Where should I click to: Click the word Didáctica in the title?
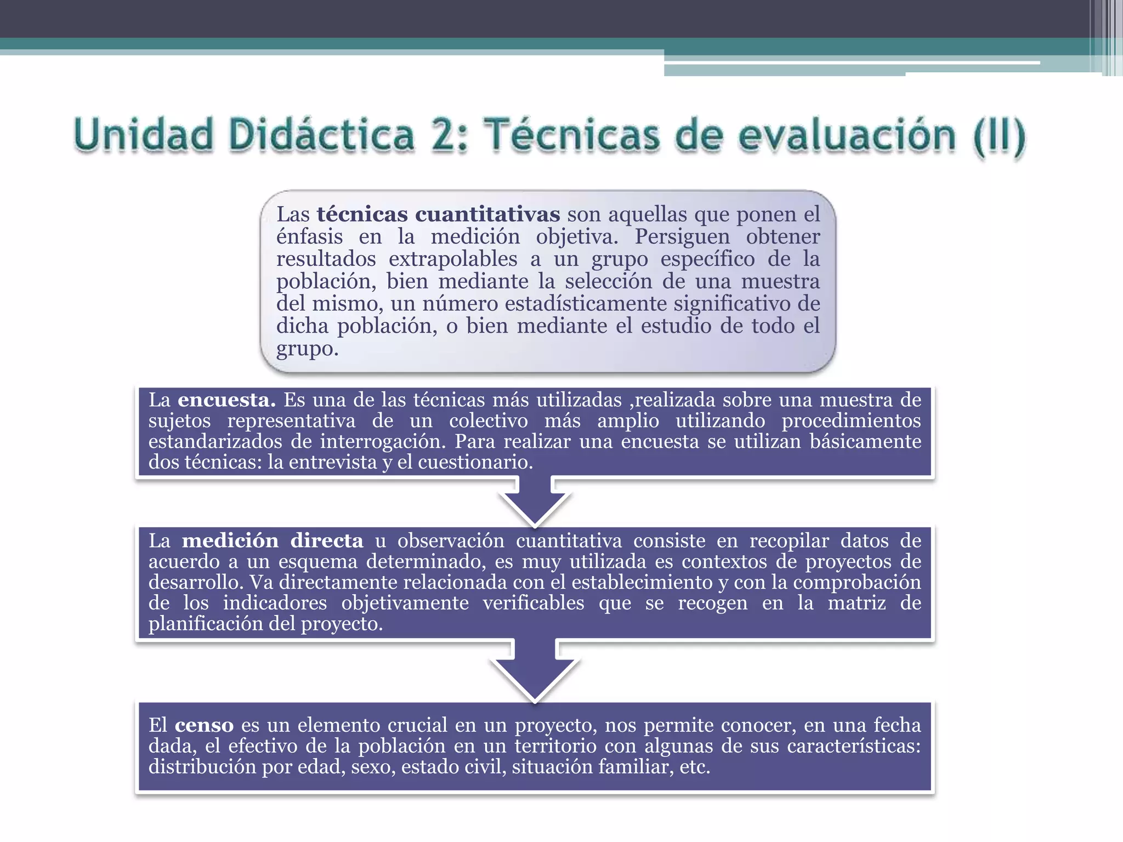[321, 135]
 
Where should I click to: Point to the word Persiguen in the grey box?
[682, 237]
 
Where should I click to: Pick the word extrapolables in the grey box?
[453, 259]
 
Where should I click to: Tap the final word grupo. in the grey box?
[307, 349]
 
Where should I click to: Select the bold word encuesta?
[226, 400]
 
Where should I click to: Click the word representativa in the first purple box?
[291, 420]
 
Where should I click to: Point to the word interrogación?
[381, 441]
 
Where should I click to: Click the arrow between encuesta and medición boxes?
[535, 502]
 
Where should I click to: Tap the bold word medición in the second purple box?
[230, 541]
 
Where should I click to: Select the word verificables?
[533, 603]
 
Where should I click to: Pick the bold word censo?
[204, 725]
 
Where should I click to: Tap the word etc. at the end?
[695, 766]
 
